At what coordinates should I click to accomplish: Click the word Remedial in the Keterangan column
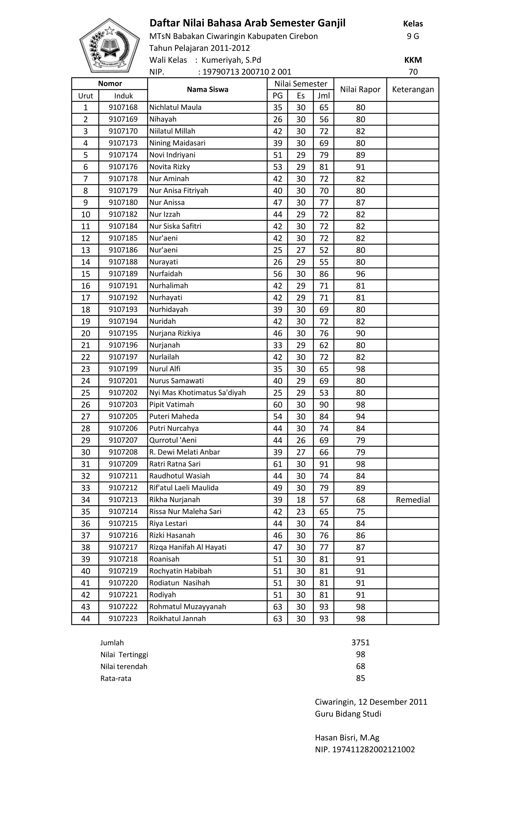[x=413, y=500]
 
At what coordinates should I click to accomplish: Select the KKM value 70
[x=413, y=72]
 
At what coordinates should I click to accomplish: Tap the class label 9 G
[x=413, y=36]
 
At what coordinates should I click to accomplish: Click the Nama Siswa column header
[x=207, y=90]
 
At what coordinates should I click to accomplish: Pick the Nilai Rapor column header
[x=360, y=90]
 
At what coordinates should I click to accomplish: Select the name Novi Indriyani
[x=172, y=155]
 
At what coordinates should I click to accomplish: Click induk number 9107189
[x=123, y=274]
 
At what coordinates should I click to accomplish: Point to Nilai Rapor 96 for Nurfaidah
[x=360, y=274]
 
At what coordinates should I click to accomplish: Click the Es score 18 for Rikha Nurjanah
[x=300, y=500]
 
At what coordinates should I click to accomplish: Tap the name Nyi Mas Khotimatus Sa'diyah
[x=198, y=393]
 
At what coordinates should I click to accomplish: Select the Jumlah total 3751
[x=360, y=643]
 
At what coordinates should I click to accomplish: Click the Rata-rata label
[x=116, y=678]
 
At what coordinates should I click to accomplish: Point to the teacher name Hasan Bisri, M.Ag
[x=347, y=738]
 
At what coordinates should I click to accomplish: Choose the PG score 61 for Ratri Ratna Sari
[x=277, y=464]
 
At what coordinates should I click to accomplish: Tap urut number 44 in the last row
[x=85, y=619]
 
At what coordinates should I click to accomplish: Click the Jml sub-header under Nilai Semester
[x=323, y=95]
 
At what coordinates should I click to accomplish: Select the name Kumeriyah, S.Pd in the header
[x=231, y=60]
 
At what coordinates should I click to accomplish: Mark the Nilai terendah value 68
[x=360, y=666]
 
